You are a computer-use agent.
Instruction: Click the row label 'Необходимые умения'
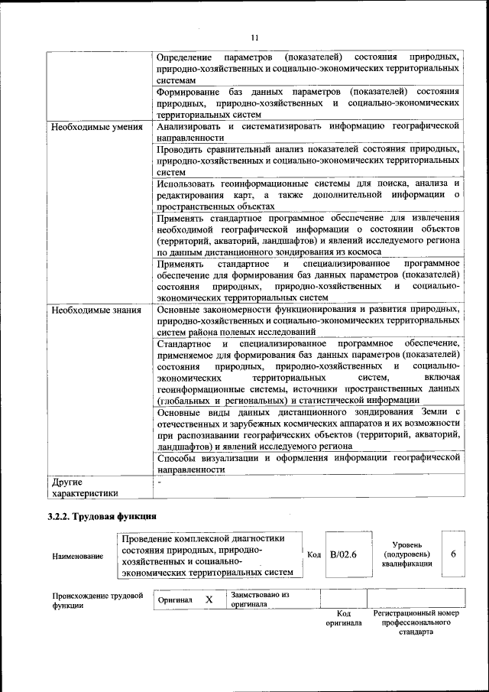coord(97,126)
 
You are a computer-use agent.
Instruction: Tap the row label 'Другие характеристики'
coord(86,488)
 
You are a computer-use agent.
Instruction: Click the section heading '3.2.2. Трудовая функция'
coord(102,516)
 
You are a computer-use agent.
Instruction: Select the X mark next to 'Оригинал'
coord(209,600)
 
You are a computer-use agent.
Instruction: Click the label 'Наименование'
coord(78,556)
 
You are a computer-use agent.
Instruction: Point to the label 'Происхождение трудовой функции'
coord(98,600)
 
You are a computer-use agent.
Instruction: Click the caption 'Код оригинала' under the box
coord(343,618)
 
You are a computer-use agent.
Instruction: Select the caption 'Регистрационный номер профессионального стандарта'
coord(416,622)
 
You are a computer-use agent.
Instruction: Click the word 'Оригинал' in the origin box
coord(175,600)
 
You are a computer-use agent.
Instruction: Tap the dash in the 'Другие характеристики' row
coord(160,482)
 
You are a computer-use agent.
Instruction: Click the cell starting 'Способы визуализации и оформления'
coord(308,463)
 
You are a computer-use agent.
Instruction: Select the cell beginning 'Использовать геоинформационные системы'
coord(308,194)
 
